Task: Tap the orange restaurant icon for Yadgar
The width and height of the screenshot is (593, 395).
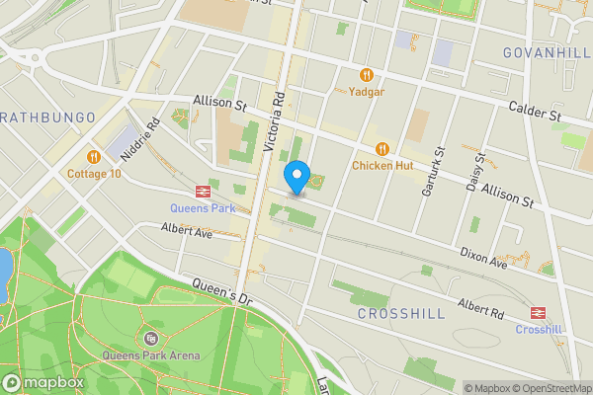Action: (x=367, y=75)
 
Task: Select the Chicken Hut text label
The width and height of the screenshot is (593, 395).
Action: (x=382, y=165)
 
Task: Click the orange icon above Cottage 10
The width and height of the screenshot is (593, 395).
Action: (x=94, y=156)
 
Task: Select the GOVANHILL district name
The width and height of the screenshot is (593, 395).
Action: (x=547, y=52)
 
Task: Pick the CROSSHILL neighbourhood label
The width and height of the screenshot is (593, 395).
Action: (x=400, y=313)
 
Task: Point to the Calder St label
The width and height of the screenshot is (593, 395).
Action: (x=535, y=112)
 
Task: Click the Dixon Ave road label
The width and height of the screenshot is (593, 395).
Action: (x=483, y=258)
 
